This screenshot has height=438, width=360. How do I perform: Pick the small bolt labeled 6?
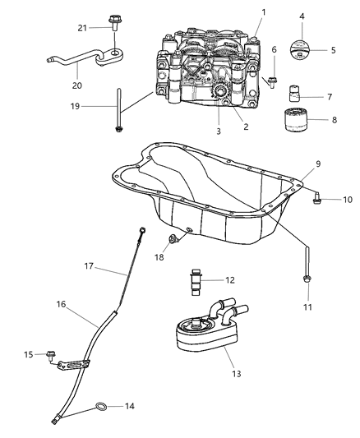(x=273, y=81)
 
